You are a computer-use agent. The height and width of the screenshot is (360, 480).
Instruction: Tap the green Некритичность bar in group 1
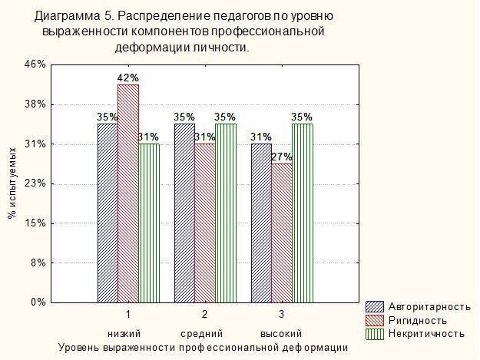(148, 223)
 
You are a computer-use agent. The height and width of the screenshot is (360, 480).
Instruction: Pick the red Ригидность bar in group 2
(204, 223)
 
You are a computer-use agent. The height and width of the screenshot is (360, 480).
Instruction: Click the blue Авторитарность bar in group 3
(261, 223)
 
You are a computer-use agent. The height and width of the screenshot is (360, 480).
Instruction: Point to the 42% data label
(127, 78)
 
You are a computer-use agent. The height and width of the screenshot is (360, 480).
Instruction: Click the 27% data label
(282, 157)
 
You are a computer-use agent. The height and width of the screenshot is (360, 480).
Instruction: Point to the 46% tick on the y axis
(37, 64)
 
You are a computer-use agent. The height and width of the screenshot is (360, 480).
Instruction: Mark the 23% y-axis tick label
(37, 183)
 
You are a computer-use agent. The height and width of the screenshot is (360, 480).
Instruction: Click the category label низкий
(124, 334)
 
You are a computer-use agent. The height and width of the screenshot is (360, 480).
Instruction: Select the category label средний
(202, 334)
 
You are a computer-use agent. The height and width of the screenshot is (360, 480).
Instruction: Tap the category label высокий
(281, 334)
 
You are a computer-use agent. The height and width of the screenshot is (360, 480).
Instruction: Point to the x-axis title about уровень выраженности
(204, 348)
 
